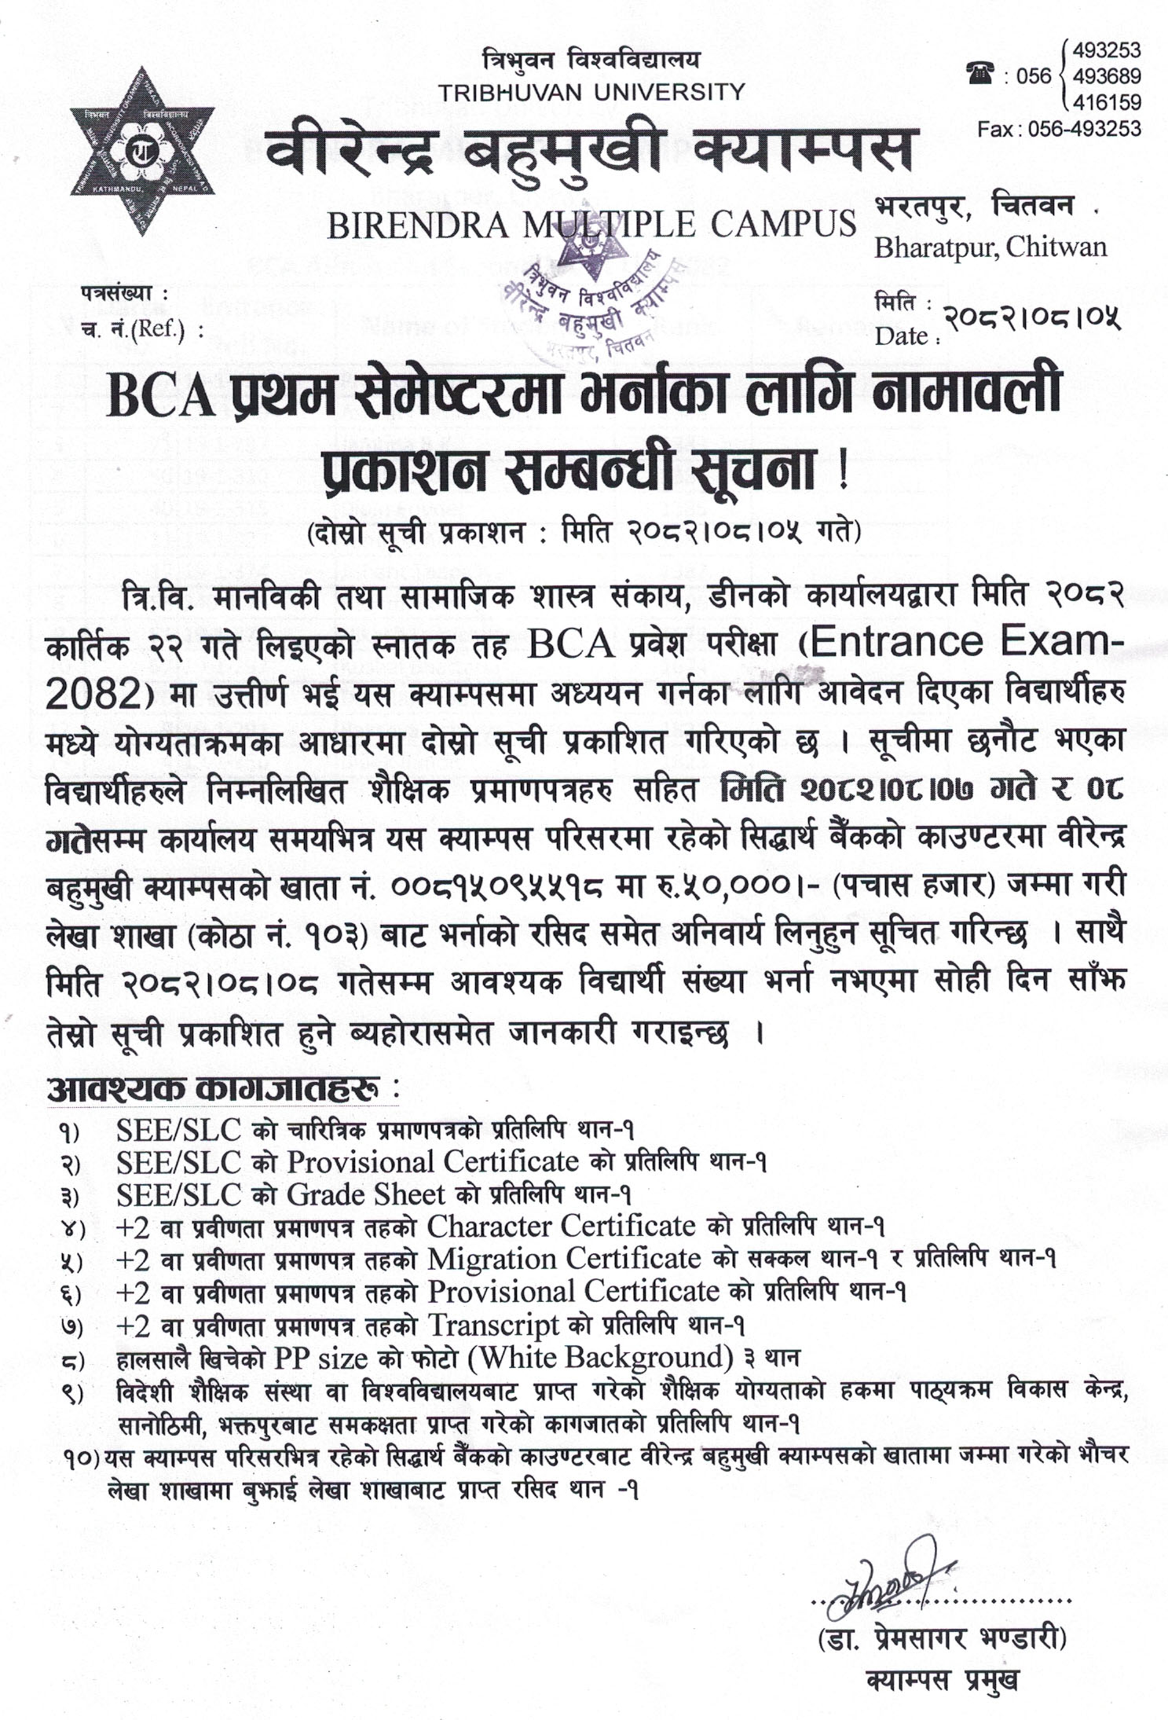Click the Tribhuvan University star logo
point(142,151)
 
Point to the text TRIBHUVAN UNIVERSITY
point(591,93)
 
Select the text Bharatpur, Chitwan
point(990,248)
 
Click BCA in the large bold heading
point(162,396)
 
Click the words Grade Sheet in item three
point(366,1195)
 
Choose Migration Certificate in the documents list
point(563,1260)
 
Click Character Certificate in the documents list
point(561,1227)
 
